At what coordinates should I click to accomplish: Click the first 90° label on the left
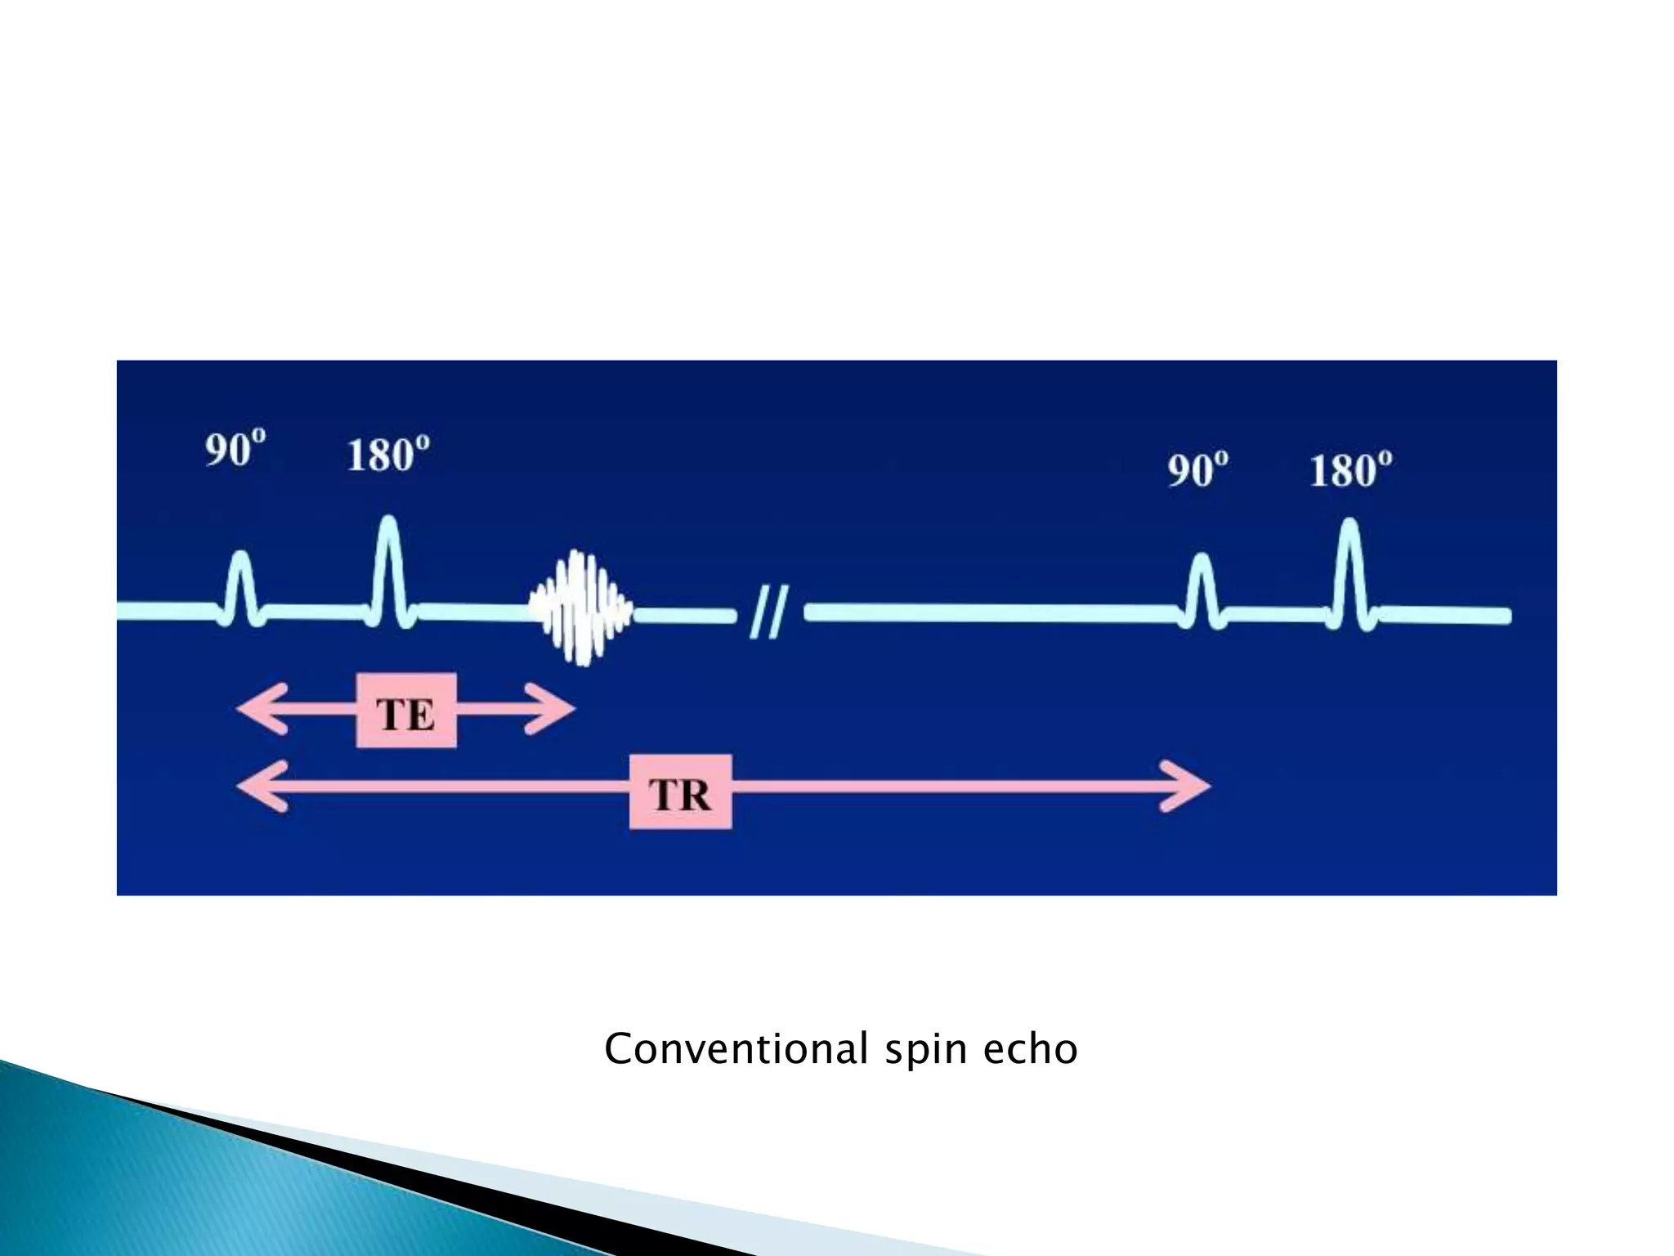pyautogui.click(x=235, y=449)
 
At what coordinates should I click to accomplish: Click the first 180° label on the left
pyautogui.click(x=388, y=455)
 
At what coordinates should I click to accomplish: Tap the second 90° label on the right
pyautogui.click(x=1197, y=470)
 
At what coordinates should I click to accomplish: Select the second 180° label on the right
pyautogui.click(x=1350, y=470)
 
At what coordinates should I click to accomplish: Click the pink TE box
pyautogui.click(x=406, y=711)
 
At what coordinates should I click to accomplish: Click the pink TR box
pyautogui.click(x=680, y=792)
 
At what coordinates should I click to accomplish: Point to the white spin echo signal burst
pyautogui.click(x=581, y=608)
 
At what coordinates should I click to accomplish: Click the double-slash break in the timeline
pyautogui.click(x=768, y=612)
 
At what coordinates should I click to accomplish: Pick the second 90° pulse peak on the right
pyautogui.click(x=1201, y=562)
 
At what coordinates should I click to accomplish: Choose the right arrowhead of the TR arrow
pyautogui.click(x=1188, y=787)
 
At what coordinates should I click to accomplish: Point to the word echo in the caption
pyautogui.click(x=1030, y=1049)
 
